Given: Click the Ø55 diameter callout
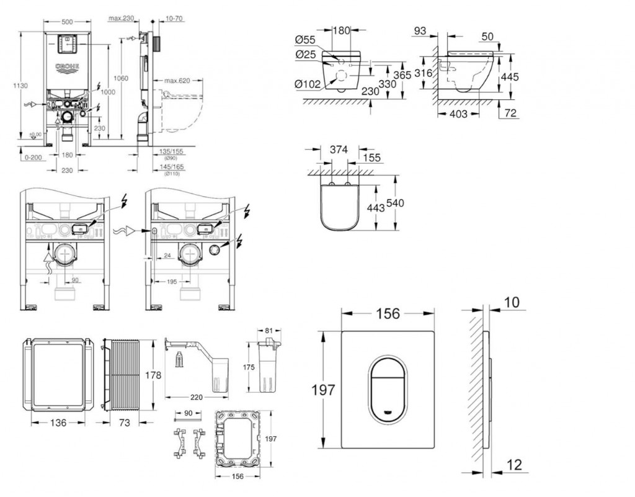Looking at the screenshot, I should coord(305,40).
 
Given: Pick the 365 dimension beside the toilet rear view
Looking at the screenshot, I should coord(402,74).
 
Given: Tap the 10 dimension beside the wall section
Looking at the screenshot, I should coord(512,302).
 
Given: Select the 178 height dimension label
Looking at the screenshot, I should coord(153,375).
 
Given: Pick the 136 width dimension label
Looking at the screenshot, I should coord(59,423).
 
